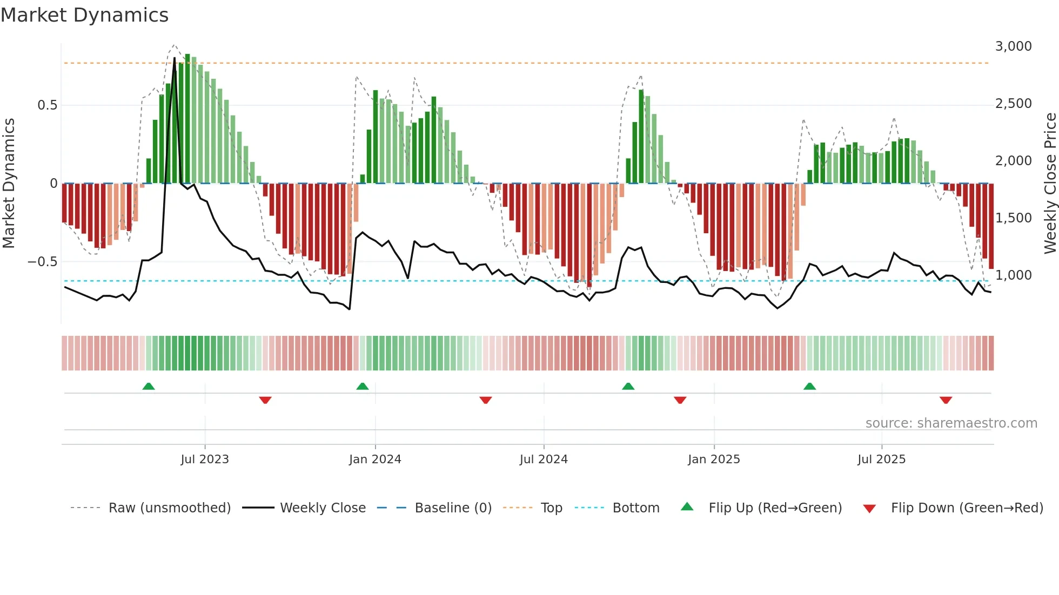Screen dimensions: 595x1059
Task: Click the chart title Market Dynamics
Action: [85, 15]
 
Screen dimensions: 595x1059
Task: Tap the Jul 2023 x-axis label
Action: [205, 459]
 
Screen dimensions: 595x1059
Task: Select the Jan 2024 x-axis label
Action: [375, 459]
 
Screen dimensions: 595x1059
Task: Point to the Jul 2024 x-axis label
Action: [544, 459]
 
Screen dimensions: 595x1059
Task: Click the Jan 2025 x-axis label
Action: [714, 459]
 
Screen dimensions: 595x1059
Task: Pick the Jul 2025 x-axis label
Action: [881, 459]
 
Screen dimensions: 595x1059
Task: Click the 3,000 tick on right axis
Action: [1013, 46]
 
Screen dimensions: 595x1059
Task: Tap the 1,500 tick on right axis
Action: [1013, 218]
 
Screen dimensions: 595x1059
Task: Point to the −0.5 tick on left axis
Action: [43, 262]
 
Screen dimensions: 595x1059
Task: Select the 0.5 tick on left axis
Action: [48, 105]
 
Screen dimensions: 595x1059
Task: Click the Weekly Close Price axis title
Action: [1050, 184]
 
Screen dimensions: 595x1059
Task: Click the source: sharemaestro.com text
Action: [951, 423]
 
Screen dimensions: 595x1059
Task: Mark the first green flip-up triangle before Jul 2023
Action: [149, 387]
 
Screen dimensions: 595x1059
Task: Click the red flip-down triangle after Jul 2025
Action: [946, 400]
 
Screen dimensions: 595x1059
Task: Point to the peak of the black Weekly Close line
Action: [174, 58]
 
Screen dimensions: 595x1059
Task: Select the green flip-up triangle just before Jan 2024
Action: [363, 387]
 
